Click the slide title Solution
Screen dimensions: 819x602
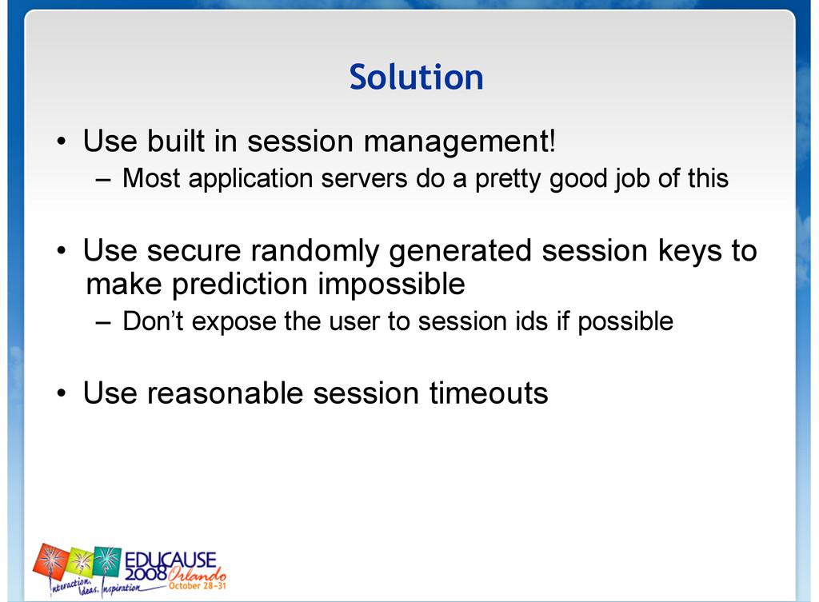pos(416,78)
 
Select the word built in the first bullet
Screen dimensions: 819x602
pos(176,141)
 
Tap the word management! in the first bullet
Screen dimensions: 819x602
pos(460,142)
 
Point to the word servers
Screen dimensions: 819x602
pos(364,179)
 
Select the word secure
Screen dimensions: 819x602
pos(194,251)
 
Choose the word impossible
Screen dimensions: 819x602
pos(391,285)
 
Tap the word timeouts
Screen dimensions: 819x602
pos(489,393)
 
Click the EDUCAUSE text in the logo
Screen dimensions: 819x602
pos(170,560)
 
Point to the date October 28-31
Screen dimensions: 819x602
pos(197,586)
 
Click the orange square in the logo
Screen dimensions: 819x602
pos(51,560)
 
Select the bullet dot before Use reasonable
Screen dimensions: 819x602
pos(62,393)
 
